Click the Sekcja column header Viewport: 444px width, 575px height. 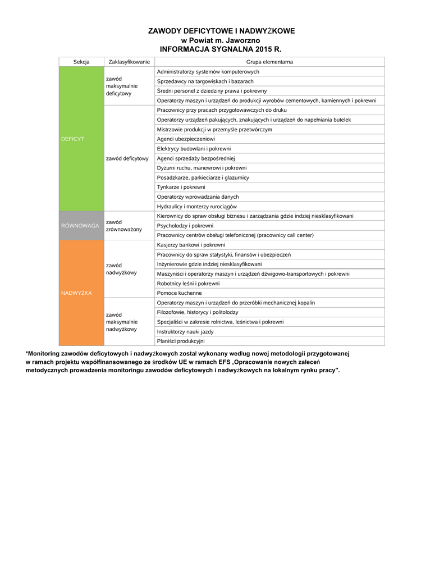point(81,62)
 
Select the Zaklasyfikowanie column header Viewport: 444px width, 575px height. point(129,62)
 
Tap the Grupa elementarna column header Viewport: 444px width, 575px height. point(269,62)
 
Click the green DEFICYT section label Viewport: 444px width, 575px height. point(72,139)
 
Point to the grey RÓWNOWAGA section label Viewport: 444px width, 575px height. point(80,226)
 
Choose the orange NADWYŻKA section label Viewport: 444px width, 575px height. point(76,293)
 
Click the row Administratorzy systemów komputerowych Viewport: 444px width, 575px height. point(208,72)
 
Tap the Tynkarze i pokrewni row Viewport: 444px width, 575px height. point(181,187)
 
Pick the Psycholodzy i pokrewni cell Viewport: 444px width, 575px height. point(185,226)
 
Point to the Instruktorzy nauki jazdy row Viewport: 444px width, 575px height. point(185,332)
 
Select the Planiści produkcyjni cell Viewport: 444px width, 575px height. point(181,341)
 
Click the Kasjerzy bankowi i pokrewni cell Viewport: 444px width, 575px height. point(191,245)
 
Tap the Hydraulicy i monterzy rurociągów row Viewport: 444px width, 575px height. point(196,207)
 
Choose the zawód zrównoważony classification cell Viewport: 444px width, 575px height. point(124,226)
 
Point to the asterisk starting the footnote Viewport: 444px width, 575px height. point(27,354)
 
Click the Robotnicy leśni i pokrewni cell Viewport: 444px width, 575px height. point(188,284)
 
